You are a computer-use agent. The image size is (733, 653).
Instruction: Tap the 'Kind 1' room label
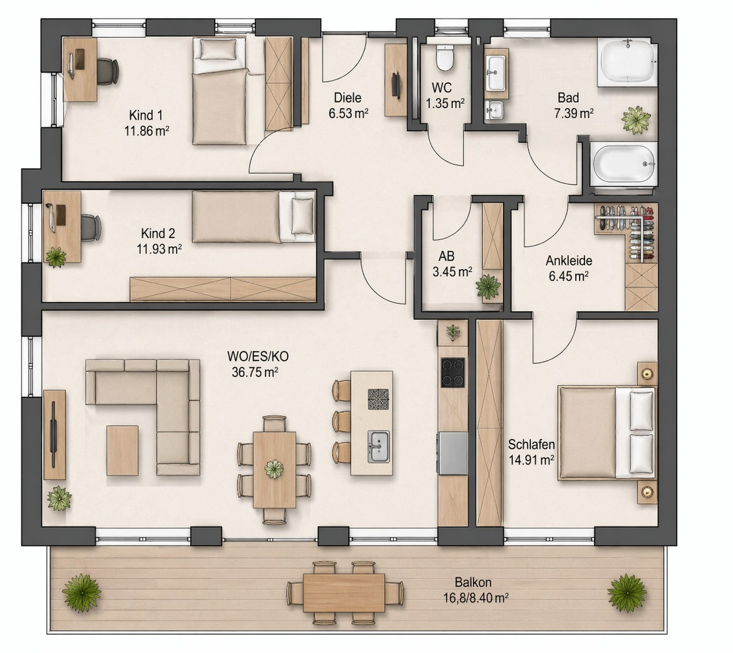click(x=146, y=115)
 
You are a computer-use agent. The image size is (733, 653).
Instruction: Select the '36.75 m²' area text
click(x=254, y=372)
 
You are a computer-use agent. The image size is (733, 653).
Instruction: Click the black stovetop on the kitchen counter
click(x=453, y=372)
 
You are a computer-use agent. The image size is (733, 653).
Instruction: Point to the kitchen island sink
click(x=379, y=447)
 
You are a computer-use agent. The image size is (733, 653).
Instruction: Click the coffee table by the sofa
click(x=122, y=450)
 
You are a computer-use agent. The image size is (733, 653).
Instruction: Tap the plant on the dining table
click(x=274, y=469)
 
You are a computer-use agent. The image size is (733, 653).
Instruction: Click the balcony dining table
click(x=344, y=592)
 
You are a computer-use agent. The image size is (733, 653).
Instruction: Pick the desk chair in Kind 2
click(x=89, y=227)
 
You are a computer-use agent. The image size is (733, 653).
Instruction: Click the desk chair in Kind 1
click(x=108, y=73)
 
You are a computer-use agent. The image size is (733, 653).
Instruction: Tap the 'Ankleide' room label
click(x=569, y=260)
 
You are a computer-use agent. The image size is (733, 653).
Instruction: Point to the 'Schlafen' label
click(x=531, y=444)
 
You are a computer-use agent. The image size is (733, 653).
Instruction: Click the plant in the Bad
click(x=636, y=120)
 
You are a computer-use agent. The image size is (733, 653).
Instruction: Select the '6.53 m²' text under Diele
click(x=349, y=113)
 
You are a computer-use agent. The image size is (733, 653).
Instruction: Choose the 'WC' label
click(x=441, y=88)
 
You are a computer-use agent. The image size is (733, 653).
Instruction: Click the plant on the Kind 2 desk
click(x=56, y=256)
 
